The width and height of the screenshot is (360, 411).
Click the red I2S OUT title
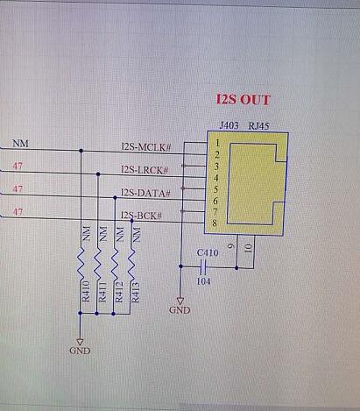[x=243, y=100]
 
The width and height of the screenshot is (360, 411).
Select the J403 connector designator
[x=229, y=125]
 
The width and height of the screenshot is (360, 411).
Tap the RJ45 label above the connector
[x=258, y=126]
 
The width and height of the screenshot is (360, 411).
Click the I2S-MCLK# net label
[x=146, y=146]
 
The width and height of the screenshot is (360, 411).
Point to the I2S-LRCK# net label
[x=145, y=170]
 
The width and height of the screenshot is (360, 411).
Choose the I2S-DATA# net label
[x=145, y=193]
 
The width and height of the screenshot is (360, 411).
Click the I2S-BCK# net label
[x=141, y=216]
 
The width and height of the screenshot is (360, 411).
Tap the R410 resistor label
[x=86, y=291]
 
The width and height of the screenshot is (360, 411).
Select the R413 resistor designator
[x=136, y=292]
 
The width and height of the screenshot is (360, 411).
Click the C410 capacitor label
[x=208, y=252]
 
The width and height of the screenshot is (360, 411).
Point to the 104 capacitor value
[x=203, y=281]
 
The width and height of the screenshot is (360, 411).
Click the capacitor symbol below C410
[x=203, y=266]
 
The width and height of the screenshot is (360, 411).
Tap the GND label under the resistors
[x=80, y=351]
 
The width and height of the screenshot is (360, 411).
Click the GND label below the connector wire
[x=180, y=310]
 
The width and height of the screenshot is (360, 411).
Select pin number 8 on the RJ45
[x=215, y=223]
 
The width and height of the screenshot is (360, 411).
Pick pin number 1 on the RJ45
[x=217, y=143]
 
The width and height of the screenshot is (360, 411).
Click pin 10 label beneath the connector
[x=248, y=249]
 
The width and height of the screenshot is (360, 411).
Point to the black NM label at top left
[x=20, y=144]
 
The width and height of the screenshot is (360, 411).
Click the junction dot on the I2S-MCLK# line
[x=81, y=151]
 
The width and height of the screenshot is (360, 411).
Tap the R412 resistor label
[x=119, y=292]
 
